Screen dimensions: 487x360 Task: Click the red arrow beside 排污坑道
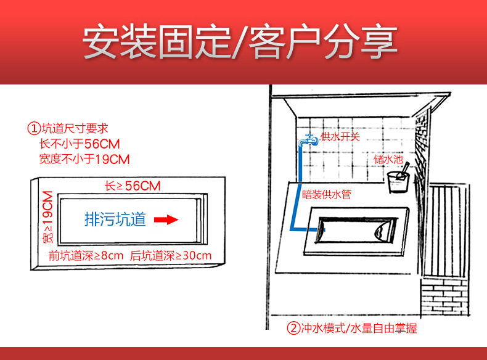pyautogui.click(x=166, y=219)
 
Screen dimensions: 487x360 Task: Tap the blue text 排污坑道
pyautogui.click(x=115, y=219)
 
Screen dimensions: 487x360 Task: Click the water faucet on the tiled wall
pyautogui.click(x=308, y=141)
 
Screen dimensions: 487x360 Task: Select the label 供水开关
pyautogui.click(x=340, y=136)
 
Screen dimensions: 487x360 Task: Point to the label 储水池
pyautogui.click(x=388, y=159)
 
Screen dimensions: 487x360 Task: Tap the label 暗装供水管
pyautogui.click(x=327, y=194)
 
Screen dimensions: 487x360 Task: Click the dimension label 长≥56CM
pyautogui.click(x=133, y=186)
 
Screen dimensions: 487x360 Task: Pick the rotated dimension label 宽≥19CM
pyautogui.click(x=47, y=217)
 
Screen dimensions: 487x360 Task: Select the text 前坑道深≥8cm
pyautogui.click(x=86, y=256)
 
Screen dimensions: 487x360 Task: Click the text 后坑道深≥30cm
pyautogui.click(x=171, y=256)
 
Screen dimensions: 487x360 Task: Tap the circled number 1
pyautogui.click(x=34, y=128)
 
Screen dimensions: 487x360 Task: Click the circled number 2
pyautogui.click(x=293, y=328)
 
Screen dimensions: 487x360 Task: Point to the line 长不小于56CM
pyautogui.click(x=80, y=144)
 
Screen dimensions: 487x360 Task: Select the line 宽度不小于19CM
pyautogui.click(x=84, y=159)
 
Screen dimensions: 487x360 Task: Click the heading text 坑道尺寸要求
pyautogui.click(x=75, y=128)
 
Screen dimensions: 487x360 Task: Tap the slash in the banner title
pyautogui.click(x=240, y=43)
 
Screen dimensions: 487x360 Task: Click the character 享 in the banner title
pyautogui.click(x=380, y=42)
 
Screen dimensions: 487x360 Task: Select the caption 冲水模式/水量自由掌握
pyautogui.click(x=359, y=328)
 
